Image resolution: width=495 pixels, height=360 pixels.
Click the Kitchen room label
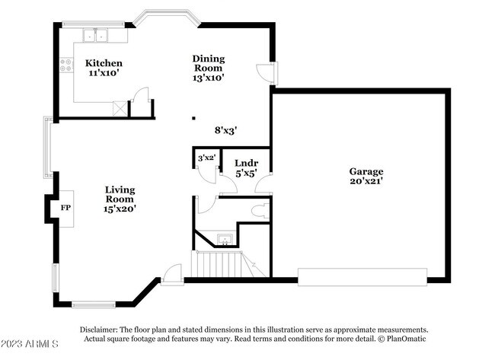(104, 68)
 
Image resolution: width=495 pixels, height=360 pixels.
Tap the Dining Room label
(208, 68)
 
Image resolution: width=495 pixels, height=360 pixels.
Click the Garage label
(366, 176)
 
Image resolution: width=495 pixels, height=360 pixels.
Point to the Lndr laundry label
(246, 167)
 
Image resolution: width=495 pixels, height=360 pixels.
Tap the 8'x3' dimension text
(226, 130)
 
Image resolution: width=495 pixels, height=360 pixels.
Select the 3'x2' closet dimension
(206, 158)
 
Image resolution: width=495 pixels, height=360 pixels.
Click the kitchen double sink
(97, 35)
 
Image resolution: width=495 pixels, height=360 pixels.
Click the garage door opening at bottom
(362, 276)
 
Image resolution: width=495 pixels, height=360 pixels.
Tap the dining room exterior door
(266, 72)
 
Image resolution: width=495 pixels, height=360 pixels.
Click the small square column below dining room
(193, 118)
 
